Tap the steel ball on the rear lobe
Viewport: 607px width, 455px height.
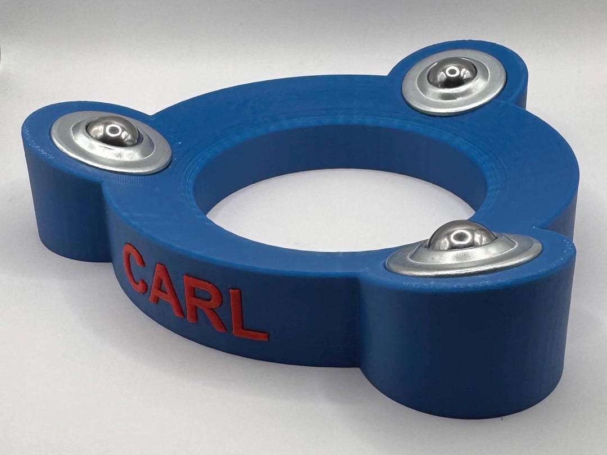coord(451,74)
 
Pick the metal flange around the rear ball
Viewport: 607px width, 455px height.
coord(454,83)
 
